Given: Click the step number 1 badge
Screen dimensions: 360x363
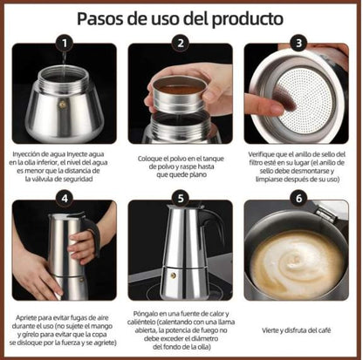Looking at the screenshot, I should point(62,42).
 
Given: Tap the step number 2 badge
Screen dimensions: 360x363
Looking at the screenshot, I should point(181,42).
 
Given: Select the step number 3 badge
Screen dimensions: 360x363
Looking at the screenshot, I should point(299,42).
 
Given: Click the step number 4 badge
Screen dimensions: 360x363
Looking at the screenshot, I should point(62,198).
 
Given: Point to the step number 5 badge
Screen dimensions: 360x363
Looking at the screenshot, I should point(181,198).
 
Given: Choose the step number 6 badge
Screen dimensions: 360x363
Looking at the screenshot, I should point(299,198).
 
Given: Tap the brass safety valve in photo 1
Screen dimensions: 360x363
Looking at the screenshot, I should point(61,103).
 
